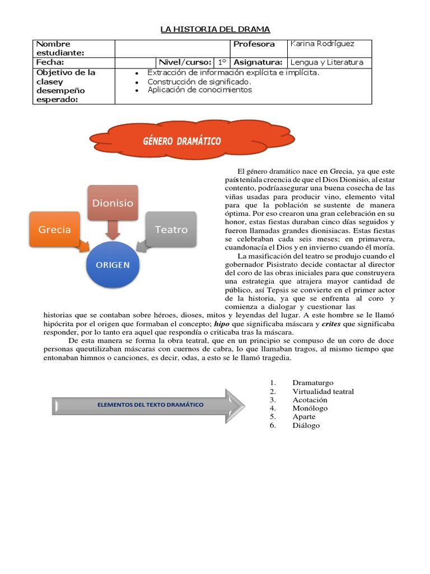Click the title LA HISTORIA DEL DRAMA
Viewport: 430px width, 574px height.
[x=215, y=29]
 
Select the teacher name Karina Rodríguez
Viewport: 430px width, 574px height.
[x=321, y=44]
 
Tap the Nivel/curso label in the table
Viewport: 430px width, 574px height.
[x=184, y=62]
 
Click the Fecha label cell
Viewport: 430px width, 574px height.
[x=50, y=62]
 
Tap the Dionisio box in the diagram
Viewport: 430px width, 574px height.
[x=113, y=203]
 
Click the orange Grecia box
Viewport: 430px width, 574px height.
[x=54, y=229]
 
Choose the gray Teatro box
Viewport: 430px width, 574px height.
[x=171, y=229]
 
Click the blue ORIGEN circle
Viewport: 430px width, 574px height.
[x=112, y=264]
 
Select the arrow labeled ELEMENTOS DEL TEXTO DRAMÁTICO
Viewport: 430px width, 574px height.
[x=148, y=404]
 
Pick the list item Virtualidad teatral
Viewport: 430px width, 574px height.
[x=323, y=391]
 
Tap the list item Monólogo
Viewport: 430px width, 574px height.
[x=310, y=408]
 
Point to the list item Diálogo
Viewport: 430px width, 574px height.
[x=306, y=425]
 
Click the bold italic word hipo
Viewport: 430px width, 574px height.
[x=221, y=324]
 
